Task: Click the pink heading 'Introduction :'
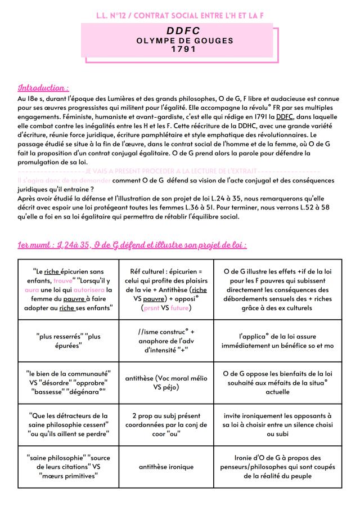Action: tap(44, 88)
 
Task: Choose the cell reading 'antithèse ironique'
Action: tap(166, 467)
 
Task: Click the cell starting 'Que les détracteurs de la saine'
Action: tap(68, 424)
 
